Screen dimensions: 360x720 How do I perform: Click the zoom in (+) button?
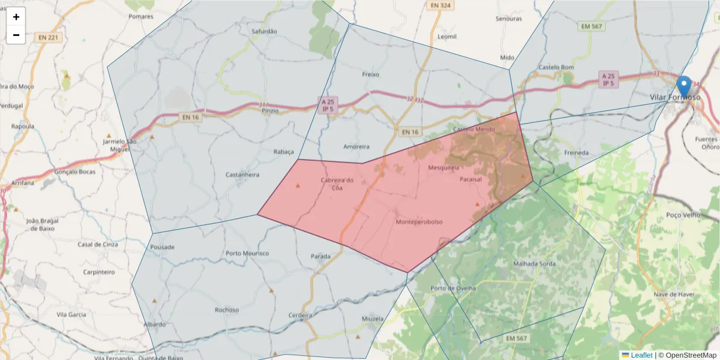(x=16, y=17)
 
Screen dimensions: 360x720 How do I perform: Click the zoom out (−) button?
(x=16, y=35)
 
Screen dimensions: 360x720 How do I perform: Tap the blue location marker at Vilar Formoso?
(x=683, y=86)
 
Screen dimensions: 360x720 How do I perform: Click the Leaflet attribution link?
(x=641, y=355)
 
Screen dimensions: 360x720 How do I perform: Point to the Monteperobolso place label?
(x=419, y=222)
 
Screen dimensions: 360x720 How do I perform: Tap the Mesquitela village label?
(x=443, y=167)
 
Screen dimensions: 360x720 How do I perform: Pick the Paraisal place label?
(x=471, y=179)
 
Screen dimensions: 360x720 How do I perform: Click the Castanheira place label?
(x=242, y=175)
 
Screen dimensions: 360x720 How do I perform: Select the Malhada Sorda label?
(x=535, y=263)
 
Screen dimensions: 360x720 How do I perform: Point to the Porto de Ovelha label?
(x=453, y=288)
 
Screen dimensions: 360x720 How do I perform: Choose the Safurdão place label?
(x=265, y=31)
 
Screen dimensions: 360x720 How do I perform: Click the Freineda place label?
(x=577, y=152)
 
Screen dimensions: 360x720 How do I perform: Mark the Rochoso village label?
(x=226, y=310)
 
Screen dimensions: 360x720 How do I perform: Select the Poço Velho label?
(x=683, y=214)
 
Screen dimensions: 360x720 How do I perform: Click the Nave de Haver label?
(x=674, y=294)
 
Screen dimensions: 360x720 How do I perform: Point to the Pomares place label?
(x=141, y=16)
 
